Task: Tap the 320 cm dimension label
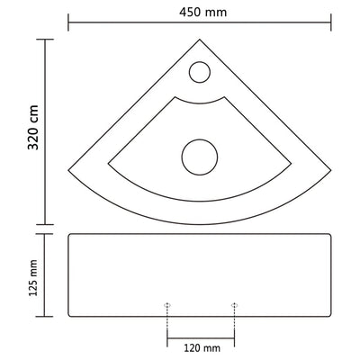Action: pos(20,130)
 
